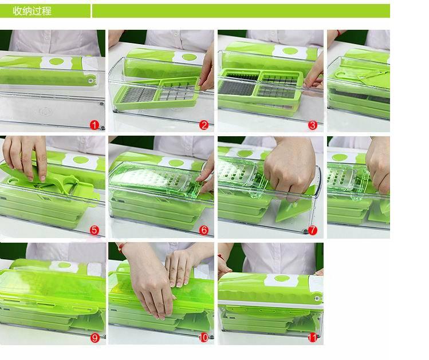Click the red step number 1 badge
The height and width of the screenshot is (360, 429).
click(95, 125)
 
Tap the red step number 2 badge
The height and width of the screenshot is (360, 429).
click(204, 125)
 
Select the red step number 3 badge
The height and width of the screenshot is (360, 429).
click(313, 125)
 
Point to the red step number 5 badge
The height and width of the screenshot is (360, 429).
click(95, 230)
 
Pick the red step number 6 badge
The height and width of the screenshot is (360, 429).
click(204, 230)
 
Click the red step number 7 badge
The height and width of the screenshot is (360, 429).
click(313, 230)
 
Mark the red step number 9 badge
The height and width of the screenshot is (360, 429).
click(95, 338)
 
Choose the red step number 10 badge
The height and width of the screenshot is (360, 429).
click(203, 338)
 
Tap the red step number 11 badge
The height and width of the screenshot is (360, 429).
click(313, 338)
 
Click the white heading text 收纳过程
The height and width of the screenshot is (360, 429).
click(32, 11)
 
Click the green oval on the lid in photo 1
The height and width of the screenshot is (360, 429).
click(56, 61)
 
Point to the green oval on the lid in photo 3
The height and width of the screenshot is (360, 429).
click(291, 51)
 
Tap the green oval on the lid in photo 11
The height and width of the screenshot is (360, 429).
click(282, 279)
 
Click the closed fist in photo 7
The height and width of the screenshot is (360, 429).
click(289, 167)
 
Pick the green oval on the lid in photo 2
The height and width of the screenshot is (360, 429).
click(190, 57)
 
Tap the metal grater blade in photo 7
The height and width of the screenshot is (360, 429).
click(237, 172)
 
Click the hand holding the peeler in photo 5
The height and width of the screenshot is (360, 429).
click(25, 157)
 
